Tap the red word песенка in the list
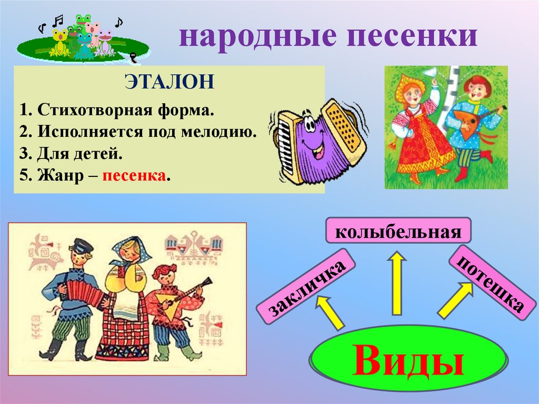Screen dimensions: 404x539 [134, 175]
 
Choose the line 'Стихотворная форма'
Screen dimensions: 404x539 [118, 111]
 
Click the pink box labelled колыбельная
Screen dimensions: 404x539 [398, 232]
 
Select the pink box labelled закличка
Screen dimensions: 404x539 [302, 290]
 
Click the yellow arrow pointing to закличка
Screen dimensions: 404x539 [330, 312]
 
